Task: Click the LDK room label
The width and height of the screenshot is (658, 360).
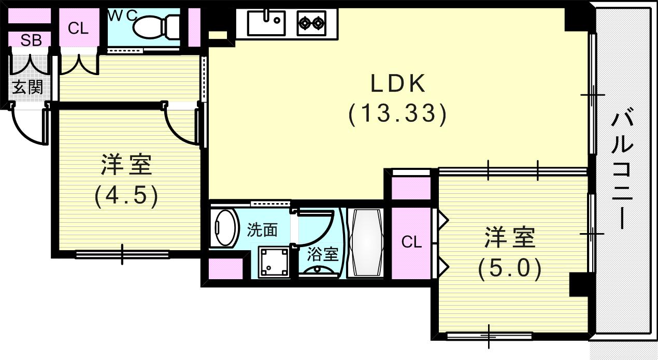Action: click(397, 83)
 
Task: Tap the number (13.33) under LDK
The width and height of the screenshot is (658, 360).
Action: click(397, 114)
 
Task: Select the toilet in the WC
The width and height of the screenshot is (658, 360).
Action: click(155, 25)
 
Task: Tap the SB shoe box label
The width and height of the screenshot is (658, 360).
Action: click(31, 40)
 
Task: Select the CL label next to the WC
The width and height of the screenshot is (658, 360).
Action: click(78, 28)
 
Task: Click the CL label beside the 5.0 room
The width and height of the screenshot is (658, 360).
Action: click(411, 242)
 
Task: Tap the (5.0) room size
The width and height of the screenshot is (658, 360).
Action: click(509, 269)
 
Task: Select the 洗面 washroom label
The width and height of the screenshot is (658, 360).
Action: click(262, 230)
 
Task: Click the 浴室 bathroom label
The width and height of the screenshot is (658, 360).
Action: click(323, 254)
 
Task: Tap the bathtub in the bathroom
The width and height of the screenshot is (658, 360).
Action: click(366, 243)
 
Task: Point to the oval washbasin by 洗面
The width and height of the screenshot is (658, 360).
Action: click(224, 228)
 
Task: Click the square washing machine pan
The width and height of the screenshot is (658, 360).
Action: click(274, 262)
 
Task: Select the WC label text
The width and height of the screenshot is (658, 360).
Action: click(122, 16)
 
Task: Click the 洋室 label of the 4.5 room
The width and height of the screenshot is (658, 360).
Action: click(126, 166)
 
